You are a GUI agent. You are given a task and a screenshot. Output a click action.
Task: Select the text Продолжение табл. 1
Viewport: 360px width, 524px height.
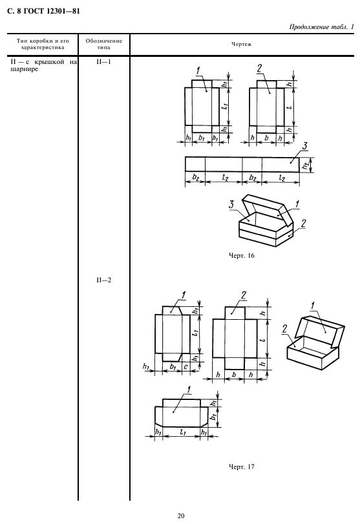pos(321,26)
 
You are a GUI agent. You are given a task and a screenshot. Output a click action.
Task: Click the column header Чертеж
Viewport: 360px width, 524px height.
pos(242,44)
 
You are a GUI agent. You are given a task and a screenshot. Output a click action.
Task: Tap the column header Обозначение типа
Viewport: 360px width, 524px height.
pos(104,44)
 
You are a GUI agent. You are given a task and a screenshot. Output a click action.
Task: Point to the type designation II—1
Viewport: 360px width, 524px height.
pos(103,62)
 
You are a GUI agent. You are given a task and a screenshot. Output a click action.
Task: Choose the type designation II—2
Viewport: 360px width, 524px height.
pos(103,280)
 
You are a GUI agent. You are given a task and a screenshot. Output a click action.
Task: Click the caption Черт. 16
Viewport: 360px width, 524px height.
pos(241,256)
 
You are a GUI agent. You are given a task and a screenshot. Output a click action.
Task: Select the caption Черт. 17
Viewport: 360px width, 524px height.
pos(241,466)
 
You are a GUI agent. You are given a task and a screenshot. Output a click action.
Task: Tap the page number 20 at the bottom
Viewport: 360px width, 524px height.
pos(180,516)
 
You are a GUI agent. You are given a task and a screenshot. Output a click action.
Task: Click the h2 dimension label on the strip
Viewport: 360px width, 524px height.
pos(306,165)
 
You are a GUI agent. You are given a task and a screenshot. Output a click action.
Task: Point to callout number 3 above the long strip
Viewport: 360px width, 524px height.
pos(304,147)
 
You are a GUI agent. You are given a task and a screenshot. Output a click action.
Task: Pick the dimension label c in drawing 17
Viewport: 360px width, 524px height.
pos(186,367)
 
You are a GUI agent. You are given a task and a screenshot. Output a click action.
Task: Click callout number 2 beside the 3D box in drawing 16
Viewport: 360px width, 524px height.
pos(303,224)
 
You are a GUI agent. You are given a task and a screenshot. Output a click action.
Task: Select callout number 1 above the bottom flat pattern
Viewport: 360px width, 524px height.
pos(189,390)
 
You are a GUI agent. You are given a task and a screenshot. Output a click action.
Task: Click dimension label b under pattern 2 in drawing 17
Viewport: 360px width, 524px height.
pos(234,374)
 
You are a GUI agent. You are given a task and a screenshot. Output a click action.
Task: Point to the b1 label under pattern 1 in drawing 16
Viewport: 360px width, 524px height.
pos(202,138)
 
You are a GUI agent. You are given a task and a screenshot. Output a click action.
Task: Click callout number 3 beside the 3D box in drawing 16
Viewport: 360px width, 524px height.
pos(231,204)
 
